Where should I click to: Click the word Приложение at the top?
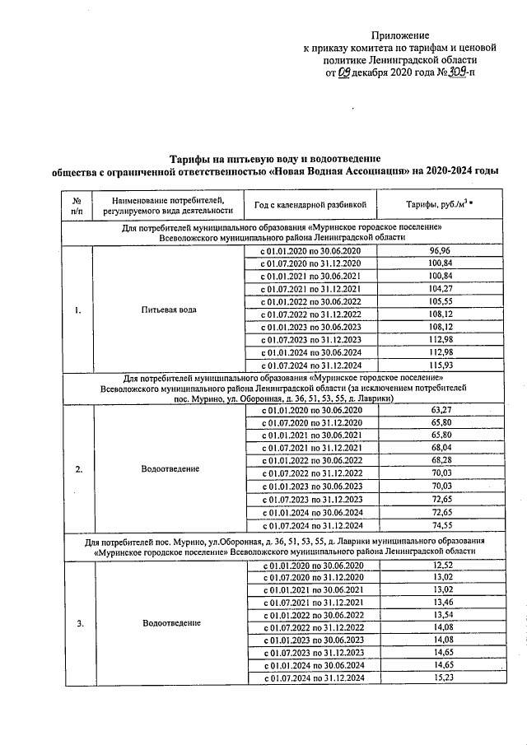tap(400, 35)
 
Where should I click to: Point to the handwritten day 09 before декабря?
tap(347, 72)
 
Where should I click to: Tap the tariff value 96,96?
tap(441, 250)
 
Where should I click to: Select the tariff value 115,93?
tap(441, 365)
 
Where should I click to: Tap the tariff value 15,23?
tap(442, 678)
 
